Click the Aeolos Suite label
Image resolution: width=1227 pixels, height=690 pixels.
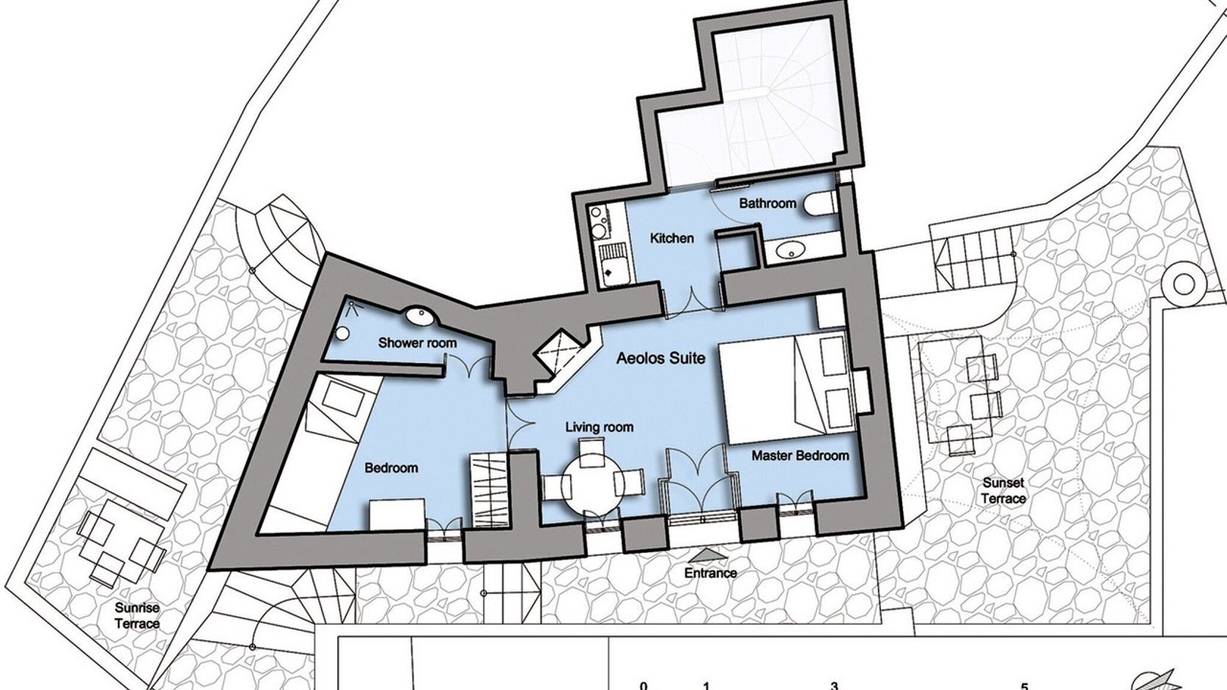pyautogui.click(x=660, y=358)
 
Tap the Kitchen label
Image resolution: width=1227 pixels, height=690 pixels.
pyautogui.click(x=672, y=239)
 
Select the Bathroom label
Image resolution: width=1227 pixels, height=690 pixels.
pyautogui.click(x=768, y=203)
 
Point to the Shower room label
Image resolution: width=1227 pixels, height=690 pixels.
pyautogui.click(x=417, y=343)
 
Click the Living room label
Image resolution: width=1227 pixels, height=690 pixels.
pyautogui.click(x=599, y=427)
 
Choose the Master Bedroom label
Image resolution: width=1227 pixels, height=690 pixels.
pyautogui.click(x=800, y=455)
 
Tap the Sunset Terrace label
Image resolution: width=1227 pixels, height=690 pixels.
pyautogui.click(x=1004, y=491)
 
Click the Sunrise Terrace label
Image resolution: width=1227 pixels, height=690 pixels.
pyautogui.click(x=137, y=615)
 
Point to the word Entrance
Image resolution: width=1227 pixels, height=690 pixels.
pyautogui.click(x=710, y=573)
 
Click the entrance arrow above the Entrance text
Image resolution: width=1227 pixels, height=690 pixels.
pyautogui.click(x=709, y=555)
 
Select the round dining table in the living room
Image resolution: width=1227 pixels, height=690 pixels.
pyautogui.click(x=592, y=485)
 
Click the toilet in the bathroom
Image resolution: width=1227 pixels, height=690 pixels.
pyautogui.click(x=820, y=204)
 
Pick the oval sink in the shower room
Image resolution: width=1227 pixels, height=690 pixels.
pyautogui.click(x=421, y=316)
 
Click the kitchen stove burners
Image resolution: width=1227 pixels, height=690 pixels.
pyautogui.click(x=599, y=220)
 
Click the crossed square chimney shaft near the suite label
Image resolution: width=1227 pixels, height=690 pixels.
pyautogui.click(x=558, y=351)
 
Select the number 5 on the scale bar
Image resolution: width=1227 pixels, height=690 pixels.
pyautogui.click(x=1025, y=685)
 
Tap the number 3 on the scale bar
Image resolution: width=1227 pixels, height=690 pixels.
pyautogui.click(x=834, y=685)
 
